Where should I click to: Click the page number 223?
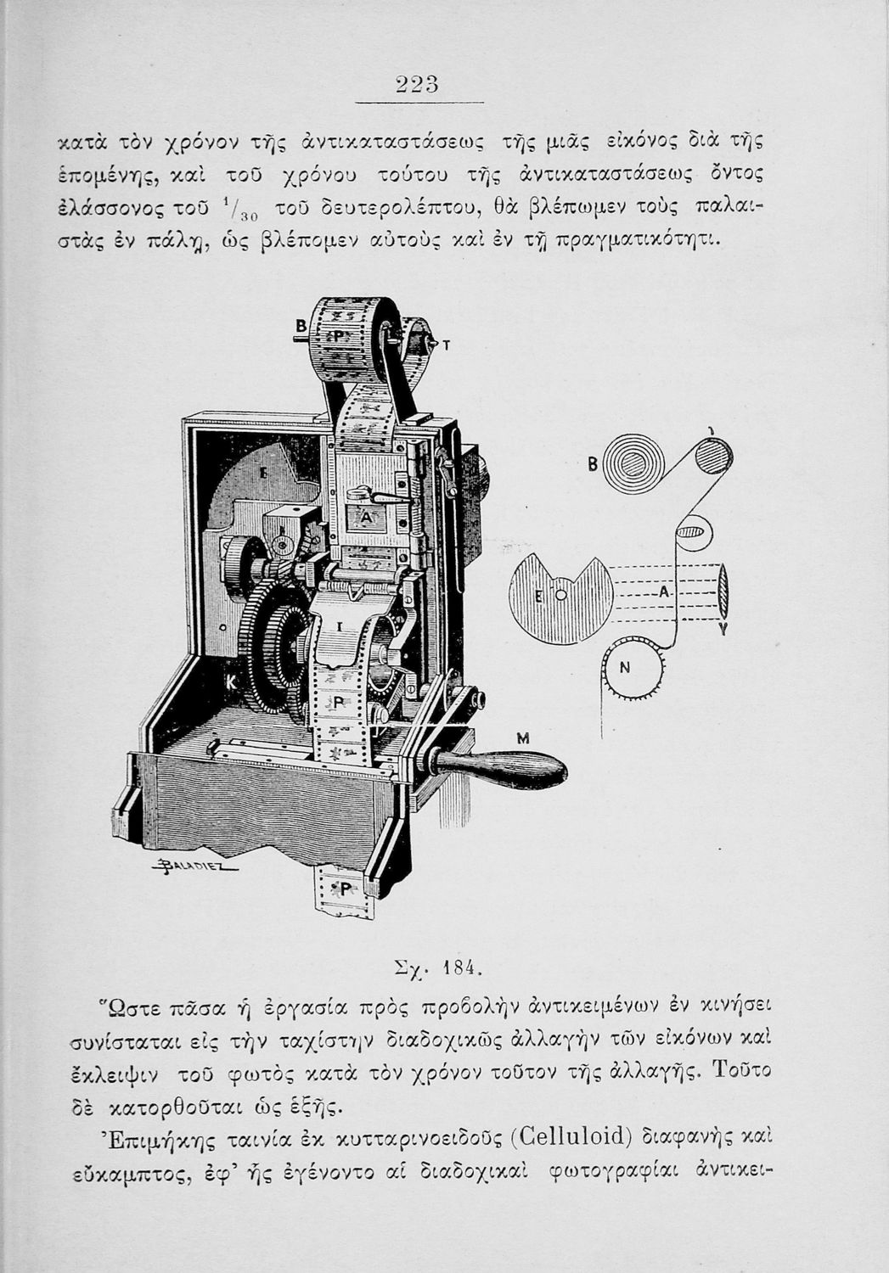tap(417, 85)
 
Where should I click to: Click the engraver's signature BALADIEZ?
tap(194, 866)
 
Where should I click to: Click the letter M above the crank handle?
tap(523, 738)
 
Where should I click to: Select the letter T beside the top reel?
tap(447, 345)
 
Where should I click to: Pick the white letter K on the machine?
tap(232, 684)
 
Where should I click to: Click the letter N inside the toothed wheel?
tap(625, 669)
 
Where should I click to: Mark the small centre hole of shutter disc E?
tap(561, 595)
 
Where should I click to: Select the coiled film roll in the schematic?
tap(633, 463)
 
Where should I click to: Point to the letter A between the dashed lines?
tap(662, 592)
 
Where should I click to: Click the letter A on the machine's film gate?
tap(367, 518)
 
